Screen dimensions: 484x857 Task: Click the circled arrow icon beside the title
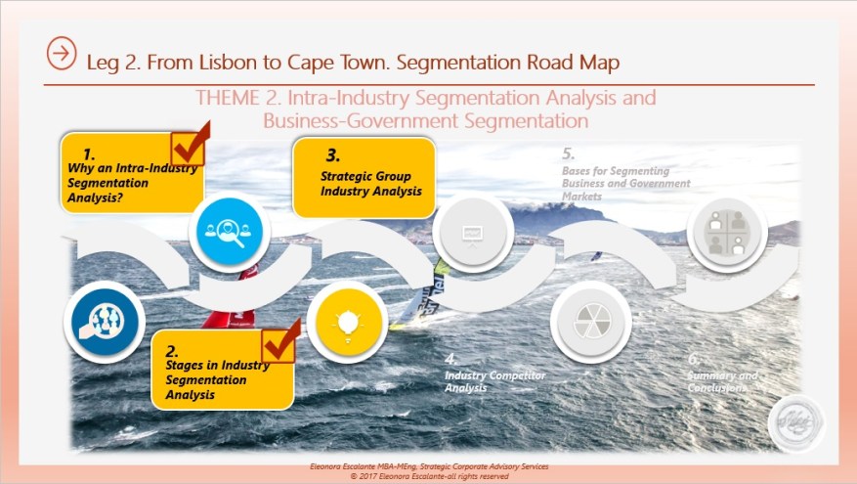tap(61, 54)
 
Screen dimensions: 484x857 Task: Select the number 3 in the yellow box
tap(332, 154)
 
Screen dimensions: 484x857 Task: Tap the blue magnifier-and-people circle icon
tap(225, 231)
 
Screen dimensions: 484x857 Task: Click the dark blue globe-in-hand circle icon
tap(103, 324)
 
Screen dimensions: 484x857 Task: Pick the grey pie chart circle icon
tap(588, 323)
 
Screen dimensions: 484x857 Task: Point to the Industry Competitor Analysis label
tap(494, 381)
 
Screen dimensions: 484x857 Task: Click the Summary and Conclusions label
tap(721, 381)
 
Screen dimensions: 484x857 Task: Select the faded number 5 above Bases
tap(569, 154)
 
